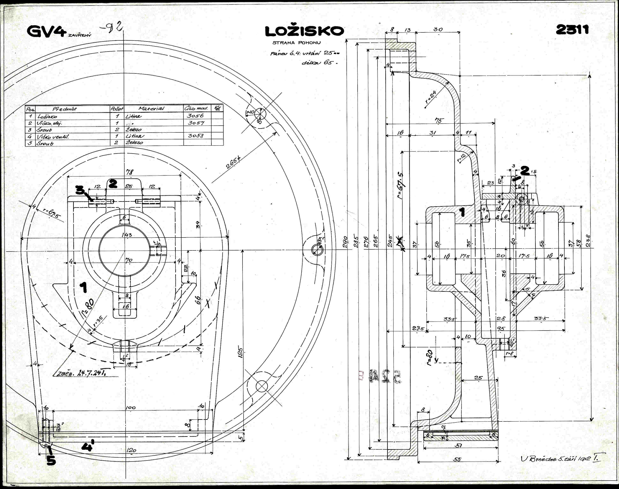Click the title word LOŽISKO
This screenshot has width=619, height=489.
click(304, 31)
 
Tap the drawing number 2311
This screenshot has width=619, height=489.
click(572, 30)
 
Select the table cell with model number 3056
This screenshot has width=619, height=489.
click(195, 116)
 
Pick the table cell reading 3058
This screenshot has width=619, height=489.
click(196, 136)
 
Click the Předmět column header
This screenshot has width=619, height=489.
click(65, 109)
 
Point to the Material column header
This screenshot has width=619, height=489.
click(151, 109)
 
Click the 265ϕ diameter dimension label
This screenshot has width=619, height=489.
click(233, 163)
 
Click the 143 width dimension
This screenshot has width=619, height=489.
click(127, 235)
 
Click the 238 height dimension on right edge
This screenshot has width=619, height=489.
click(588, 240)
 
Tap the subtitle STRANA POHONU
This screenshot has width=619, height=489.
click(296, 43)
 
